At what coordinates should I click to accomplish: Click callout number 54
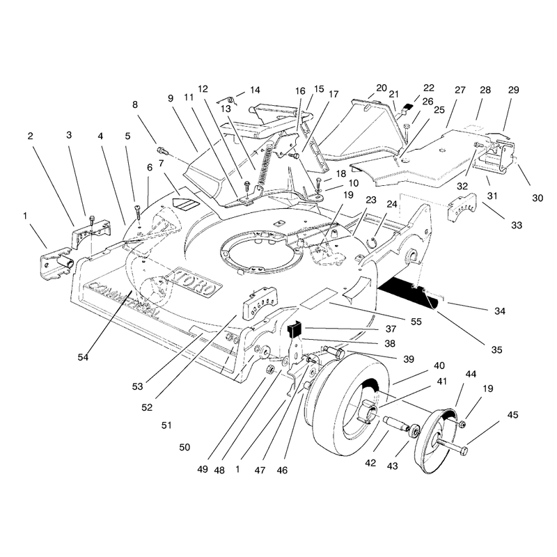[83, 356]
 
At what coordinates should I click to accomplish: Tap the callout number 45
[512, 414]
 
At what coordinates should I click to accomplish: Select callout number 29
[513, 90]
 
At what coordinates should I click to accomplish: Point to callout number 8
[134, 104]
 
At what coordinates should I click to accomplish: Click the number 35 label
[496, 350]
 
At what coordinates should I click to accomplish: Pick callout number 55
[416, 322]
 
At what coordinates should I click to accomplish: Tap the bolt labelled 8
[162, 150]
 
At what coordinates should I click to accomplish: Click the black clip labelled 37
[294, 329]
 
